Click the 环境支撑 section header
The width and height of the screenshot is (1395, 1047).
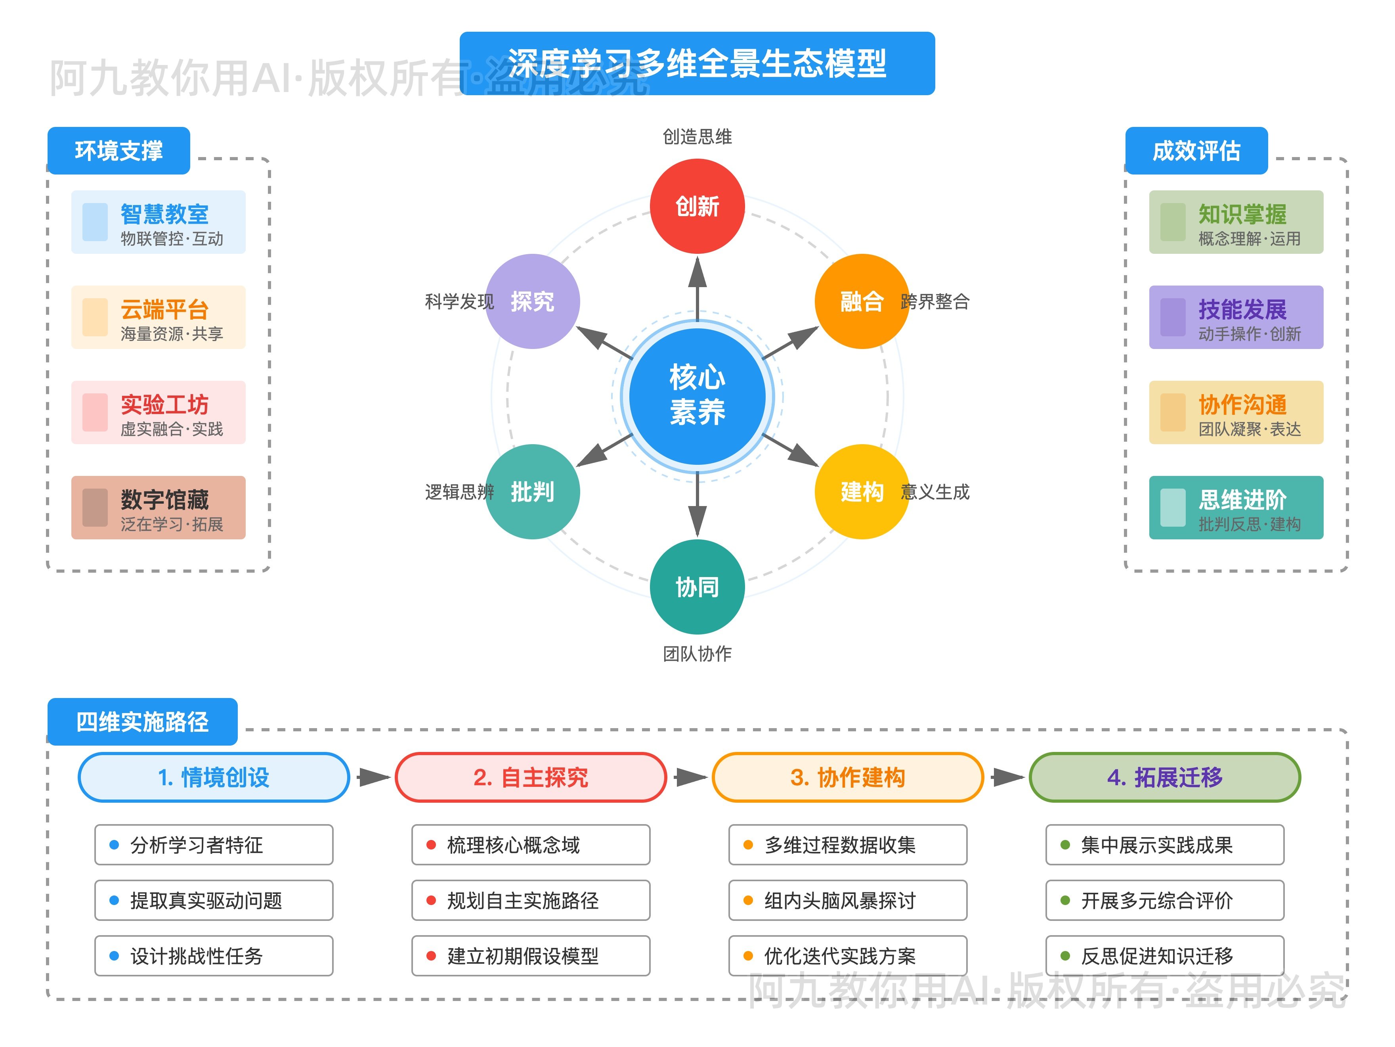(118, 151)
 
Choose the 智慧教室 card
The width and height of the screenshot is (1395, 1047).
(158, 222)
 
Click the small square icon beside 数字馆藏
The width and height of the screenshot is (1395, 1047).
(95, 507)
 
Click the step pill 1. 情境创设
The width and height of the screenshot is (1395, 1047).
(214, 777)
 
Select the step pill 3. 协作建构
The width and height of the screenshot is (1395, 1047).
(848, 777)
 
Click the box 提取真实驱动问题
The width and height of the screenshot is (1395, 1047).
(214, 900)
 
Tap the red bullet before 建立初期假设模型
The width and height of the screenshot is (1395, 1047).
(431, 955)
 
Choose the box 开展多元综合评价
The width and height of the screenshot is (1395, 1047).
(1164, 900)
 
